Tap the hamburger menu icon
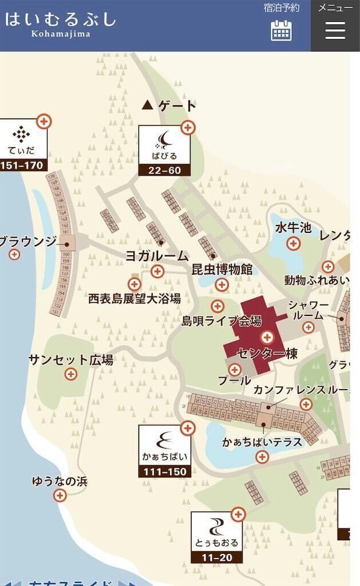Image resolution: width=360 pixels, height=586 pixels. point(335,30)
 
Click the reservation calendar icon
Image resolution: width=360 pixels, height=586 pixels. point(281,30)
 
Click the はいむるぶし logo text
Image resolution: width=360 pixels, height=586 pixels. point(61,19)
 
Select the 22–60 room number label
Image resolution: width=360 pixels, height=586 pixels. point(164,170)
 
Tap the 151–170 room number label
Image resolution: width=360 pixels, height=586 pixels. point(22,165)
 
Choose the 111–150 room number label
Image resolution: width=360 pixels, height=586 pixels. point(164,471)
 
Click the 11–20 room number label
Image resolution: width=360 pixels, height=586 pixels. point(217,557)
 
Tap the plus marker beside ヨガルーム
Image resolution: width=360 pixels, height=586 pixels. point(157,271)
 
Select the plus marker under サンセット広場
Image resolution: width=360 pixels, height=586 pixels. point(70,374)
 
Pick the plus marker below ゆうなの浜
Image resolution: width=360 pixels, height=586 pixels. point(60,496)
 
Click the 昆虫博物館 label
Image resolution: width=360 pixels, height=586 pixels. point(221,270)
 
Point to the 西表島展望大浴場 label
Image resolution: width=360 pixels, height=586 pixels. point(134,298)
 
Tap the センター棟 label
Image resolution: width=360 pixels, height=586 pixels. point(267,354)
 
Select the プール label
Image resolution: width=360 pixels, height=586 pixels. point(235,380)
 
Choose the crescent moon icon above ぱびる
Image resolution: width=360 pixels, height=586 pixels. point(164,139)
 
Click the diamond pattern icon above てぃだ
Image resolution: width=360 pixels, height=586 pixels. point(22,134)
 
